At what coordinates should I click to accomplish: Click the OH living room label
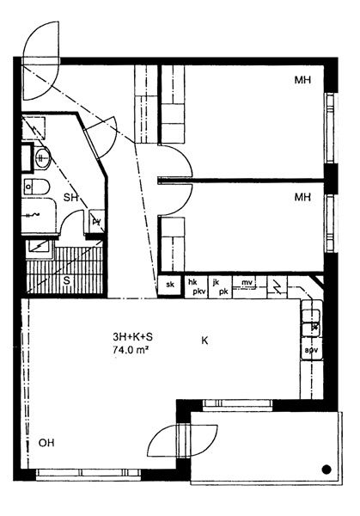click(46, 443)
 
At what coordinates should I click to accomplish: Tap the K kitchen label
click(204, 341)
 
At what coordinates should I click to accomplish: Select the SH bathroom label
click(70, 198)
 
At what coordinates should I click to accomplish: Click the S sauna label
click(67, 281)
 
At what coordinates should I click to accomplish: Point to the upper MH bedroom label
click(302, 80)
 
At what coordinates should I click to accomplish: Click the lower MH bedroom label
click(302, 198)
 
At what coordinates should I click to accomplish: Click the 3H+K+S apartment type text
click(132, 337)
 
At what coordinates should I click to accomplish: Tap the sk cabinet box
click(170, 285)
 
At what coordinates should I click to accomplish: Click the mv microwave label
click(247, 282)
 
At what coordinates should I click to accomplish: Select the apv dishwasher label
click(311, 350)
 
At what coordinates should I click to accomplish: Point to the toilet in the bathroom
click(36, 187)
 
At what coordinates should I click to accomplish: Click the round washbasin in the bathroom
click(42, 157)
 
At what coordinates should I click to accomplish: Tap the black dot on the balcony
click(326, 470)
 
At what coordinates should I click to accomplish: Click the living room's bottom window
click(88, 473)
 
